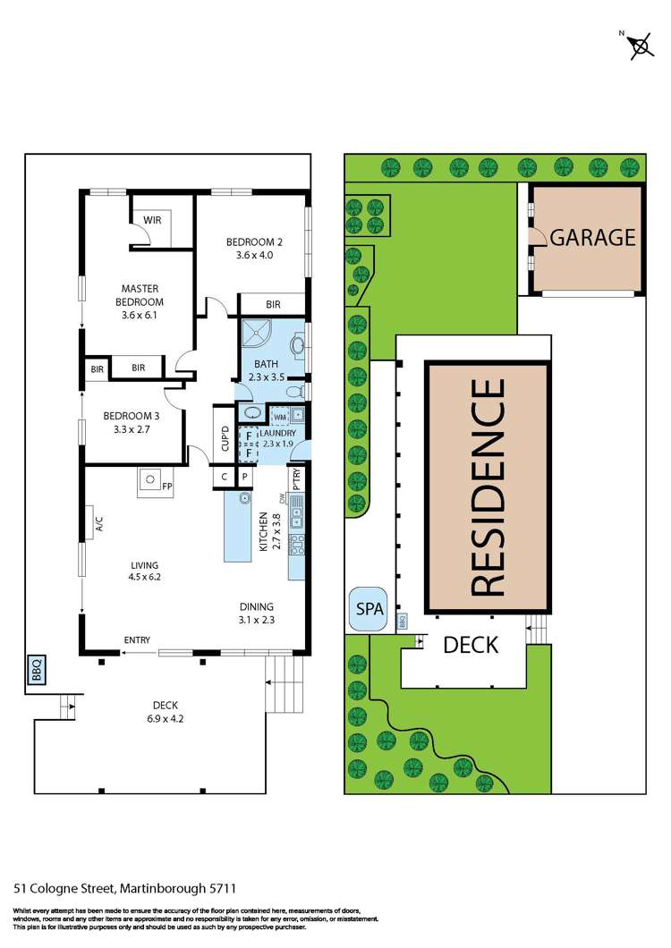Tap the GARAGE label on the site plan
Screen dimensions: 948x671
pyautogui.click(x=592, y=238)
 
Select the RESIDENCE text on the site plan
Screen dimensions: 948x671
pyautogui.click(x=488, y=487)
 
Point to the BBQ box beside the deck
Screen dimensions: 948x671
pyautogui.click(x=36, y=671)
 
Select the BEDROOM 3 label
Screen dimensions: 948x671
pyautogui.click(x=132, y=422)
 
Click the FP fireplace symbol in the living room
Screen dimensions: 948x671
pyautogui.click(x=153, y=484)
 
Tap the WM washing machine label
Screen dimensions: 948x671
pyautogui.click(x=280, y=417)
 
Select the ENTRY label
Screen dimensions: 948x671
pyautogui.click(x=138, y=639)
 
